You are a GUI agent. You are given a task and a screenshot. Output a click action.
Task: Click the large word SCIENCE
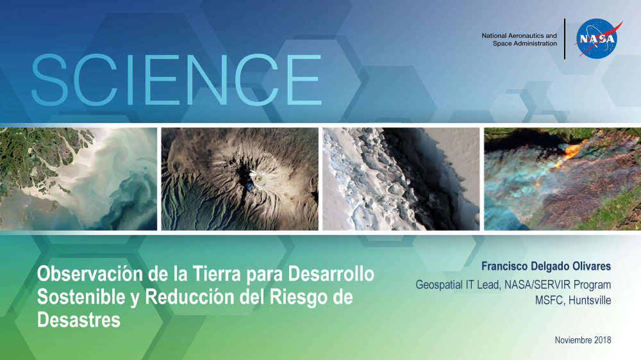coord(176,80)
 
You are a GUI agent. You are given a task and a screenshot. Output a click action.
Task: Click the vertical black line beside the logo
coord(565,39)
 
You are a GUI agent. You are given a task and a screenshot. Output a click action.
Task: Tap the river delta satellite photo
coord(78,179)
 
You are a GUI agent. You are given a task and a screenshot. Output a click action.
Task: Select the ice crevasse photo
coord(401,179)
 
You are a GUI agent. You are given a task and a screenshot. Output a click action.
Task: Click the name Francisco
coord(504,266)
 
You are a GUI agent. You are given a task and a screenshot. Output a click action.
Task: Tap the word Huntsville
coord(590,300)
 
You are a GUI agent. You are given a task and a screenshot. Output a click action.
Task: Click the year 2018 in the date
coord(602,340)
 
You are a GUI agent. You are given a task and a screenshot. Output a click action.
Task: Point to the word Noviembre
coord(573,340)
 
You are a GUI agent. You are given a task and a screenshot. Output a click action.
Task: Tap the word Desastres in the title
coord(78,320)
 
